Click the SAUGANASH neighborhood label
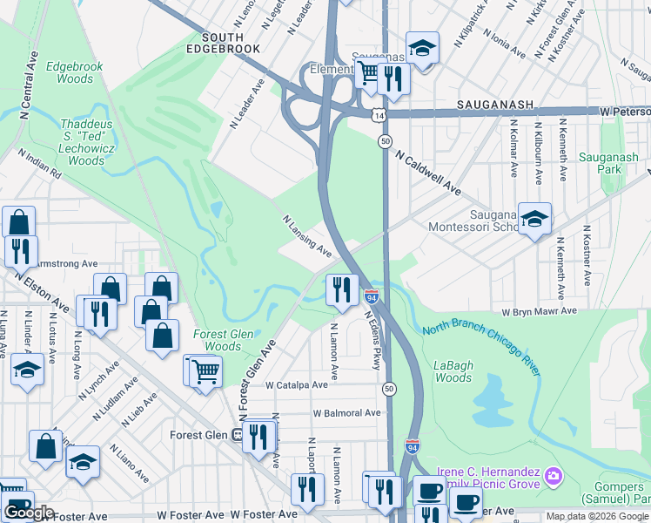click(495, 105)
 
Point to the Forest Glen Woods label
click(224, 340)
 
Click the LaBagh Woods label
click(453, 370)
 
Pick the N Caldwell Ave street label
click(427, 171)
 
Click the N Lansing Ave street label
click(306, 236)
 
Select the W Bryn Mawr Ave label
click(539, 311)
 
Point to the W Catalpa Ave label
click(297, 384)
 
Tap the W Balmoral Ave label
click(346, 412)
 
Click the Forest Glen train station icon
click(237, 435)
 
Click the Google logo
click(29, 513)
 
